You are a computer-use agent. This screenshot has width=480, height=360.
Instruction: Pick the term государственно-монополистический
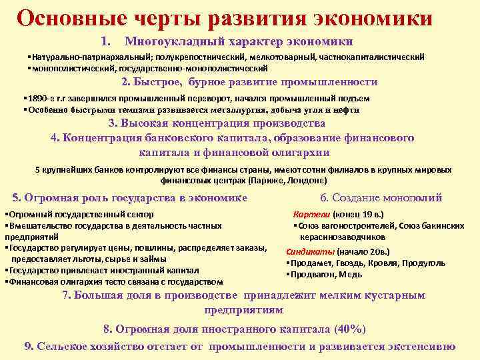point(195,68)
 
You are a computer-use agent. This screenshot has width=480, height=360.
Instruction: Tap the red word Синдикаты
point(311,253)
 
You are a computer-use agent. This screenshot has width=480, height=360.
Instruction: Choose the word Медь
point(350,274)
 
